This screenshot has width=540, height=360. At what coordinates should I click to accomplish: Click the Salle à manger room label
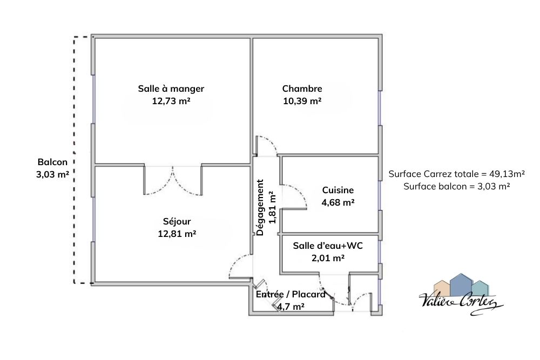tap(171, 89)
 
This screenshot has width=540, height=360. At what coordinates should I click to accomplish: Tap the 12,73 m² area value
tap(171, 101)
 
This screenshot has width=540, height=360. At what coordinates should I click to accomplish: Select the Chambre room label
tap(302, 89)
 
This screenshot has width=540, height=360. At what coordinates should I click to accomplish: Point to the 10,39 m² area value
tap(302, 101)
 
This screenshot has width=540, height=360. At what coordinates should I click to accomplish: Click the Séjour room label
tap(177, 221)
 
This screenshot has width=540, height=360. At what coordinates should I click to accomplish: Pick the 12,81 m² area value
tap(177, 234)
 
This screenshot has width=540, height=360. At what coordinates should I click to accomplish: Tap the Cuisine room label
tap(338, 190)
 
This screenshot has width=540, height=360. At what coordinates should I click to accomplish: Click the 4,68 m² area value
tap(338, 203)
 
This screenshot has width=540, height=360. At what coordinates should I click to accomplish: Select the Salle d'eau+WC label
tap(328, 246)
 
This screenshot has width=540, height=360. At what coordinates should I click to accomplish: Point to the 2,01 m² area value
tap(328, 258)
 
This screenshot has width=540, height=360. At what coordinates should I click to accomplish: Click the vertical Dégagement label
tap(260, 207)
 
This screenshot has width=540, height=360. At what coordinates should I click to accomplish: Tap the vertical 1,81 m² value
tap(272, 207)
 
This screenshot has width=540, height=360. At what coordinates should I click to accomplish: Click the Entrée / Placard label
tap(291, 295)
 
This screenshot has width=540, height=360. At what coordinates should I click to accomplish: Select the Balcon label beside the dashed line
tap(52, 162)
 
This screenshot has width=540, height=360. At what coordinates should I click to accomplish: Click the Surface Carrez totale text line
tap(457, 174)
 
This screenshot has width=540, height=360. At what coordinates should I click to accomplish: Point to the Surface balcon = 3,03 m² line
tap(457, 187)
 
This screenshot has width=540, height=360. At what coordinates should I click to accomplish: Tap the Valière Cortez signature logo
tap(461, 294)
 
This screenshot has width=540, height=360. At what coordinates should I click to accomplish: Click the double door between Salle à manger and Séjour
tap(173, 181)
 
